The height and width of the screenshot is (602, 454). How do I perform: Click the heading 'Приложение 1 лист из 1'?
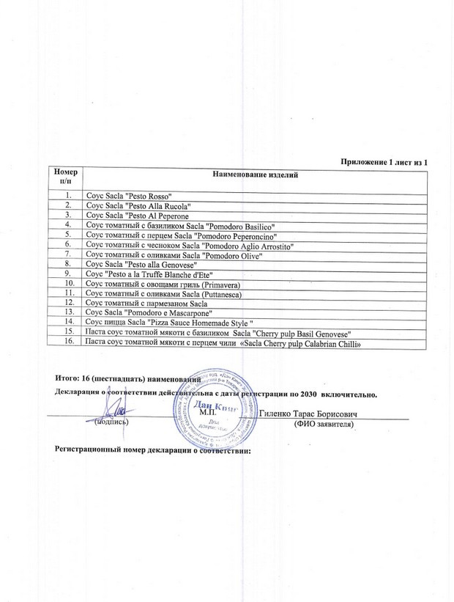[x=383, y=161]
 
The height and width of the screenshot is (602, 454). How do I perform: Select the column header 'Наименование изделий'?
[x=255, y=175]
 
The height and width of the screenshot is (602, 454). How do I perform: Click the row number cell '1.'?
[x=67, y=196]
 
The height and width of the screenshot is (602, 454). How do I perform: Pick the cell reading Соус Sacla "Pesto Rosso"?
[x=128, y=197]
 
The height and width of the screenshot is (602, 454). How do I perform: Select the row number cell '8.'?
[x=67, y=262]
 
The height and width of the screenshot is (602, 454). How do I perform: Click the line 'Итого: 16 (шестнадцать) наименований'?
[x=127, y=377]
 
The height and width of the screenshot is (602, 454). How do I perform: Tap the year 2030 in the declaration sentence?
[x=315, y=394]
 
